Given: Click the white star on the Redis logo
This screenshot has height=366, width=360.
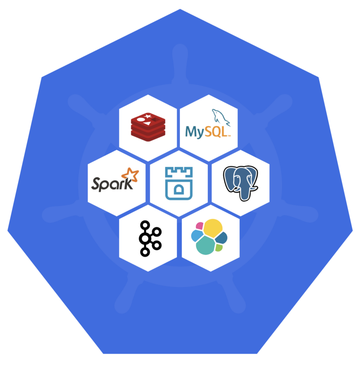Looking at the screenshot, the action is [x=148, y=116].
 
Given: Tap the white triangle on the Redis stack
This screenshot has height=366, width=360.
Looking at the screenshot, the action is [x=147, y=123].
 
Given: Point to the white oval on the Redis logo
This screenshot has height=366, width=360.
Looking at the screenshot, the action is [x=141, y=120].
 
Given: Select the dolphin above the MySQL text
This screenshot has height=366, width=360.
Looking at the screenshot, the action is [x=220, y=117].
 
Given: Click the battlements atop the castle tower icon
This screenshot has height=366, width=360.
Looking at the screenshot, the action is [x=179, y=172].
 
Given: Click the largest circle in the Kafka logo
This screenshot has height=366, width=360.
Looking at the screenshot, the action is [x=145, y=239].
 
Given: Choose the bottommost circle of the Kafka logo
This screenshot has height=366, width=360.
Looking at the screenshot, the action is [x=145, y=252].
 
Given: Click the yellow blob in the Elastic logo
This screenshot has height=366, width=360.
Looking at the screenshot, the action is [x=212, y=228].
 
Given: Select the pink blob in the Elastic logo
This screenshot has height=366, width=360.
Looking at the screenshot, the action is [x=199, y=226].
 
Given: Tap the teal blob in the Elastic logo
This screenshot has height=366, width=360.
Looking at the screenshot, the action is [x=206, y=245].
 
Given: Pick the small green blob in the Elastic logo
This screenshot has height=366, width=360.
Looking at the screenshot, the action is [x=219, y=248].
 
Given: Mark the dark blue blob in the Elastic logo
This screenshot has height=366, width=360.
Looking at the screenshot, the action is [x=221, y=238].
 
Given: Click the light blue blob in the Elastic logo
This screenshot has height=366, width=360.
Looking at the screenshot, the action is [x=197, y=236].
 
